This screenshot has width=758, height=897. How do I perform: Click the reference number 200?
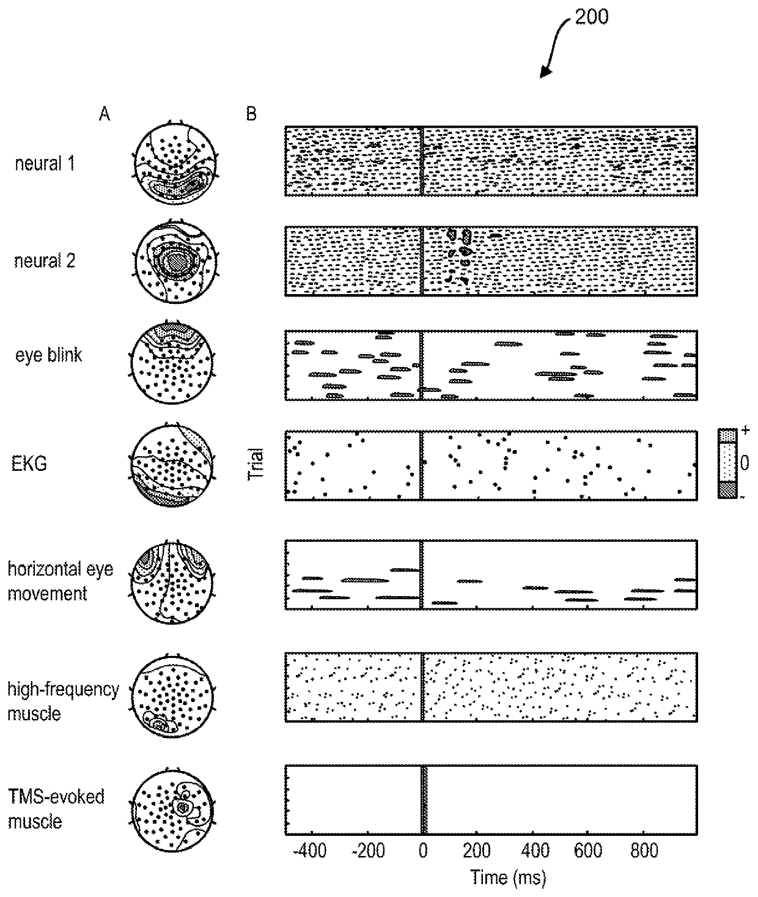(591, 17)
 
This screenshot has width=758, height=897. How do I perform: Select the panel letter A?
(105, 114)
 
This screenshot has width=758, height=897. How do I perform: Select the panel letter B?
(251, 114)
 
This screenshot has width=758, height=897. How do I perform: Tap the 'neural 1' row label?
(45, 163)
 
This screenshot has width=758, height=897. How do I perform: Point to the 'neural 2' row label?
(45, 261)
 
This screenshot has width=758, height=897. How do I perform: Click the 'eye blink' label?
(48, 355)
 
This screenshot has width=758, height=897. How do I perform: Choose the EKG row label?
(29, 463)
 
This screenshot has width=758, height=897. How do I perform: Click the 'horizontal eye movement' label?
(60, 581)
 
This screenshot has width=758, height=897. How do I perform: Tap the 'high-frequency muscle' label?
(63, 701)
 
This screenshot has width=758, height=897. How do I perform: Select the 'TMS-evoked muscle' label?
(56, 808)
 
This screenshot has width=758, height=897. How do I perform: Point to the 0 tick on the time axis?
(422, 851)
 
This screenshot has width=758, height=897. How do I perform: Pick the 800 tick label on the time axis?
(644, 851)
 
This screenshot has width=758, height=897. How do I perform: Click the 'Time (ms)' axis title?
(508, 878)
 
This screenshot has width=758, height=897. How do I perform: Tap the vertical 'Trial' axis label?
(257, 463)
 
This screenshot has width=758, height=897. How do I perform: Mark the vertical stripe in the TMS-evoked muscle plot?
(423, 800)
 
